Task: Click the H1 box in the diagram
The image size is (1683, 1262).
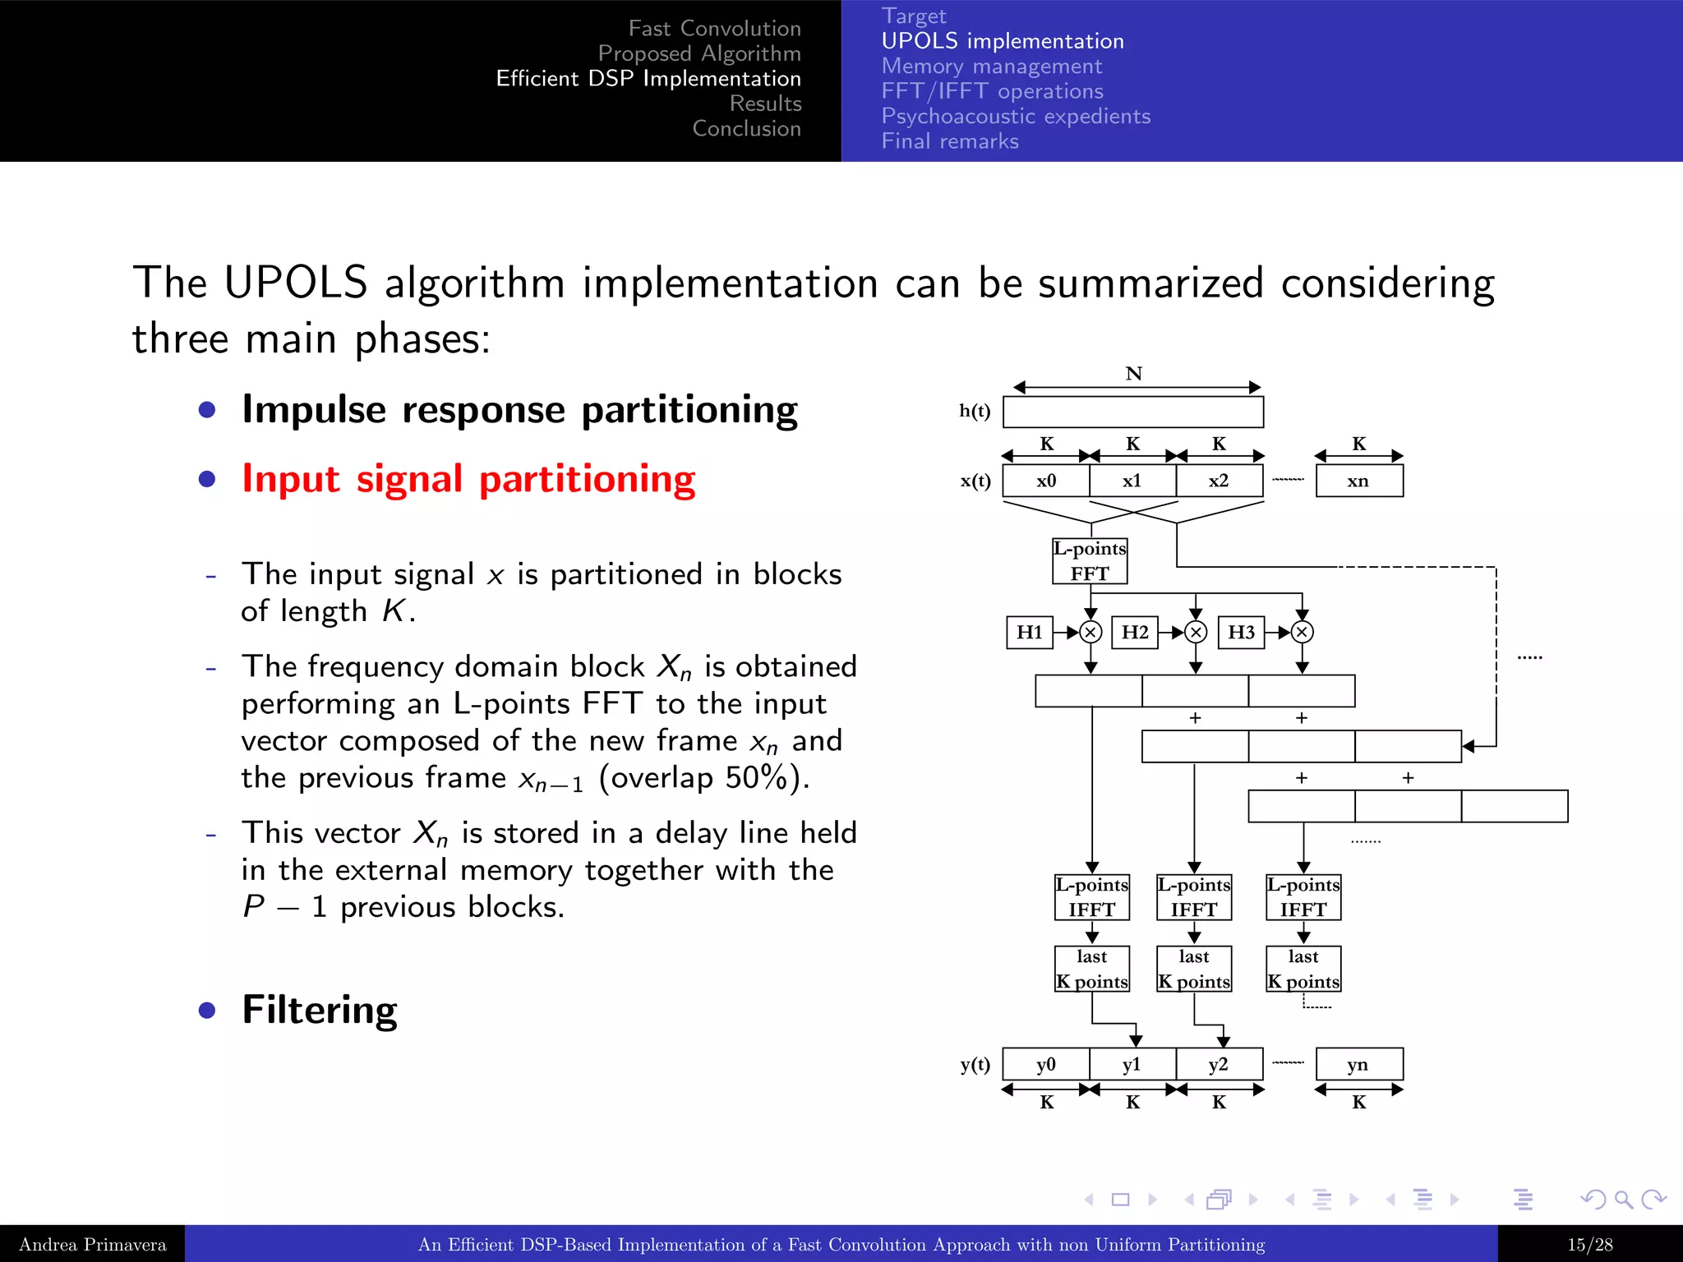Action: pos(1029,632)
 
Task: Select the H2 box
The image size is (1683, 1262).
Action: pos(1135,632)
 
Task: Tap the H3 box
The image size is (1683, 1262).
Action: pos(1241,632)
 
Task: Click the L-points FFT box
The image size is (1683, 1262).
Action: pos(1090,560)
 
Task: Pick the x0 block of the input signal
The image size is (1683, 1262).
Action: pos(1046,481)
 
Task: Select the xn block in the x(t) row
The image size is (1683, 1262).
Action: pos(1358,481)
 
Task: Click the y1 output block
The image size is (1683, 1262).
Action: pos(1132,1064)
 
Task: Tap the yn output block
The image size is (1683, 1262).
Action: pos(1358,1064)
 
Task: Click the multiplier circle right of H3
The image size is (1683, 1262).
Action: pos(1303,632)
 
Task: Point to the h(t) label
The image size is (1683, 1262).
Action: pos(975,411)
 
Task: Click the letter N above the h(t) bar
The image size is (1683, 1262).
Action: pos(1134,374)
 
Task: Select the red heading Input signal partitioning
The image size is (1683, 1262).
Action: pos(468,479)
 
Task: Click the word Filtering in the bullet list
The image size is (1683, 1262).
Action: pos(320,1009)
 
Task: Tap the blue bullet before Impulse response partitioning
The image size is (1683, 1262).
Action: pos(207,409)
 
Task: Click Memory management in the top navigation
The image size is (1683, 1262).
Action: pos(992,66)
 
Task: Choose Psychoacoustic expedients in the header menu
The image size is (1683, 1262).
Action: pos(1016,116)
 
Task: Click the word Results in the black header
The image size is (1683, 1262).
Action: pos(765,104)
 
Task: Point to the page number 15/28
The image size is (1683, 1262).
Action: pos(1589,1244)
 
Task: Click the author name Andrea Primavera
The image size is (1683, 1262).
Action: pos(92,1244)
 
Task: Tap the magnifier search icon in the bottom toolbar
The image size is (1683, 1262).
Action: pos(1623,1200)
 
